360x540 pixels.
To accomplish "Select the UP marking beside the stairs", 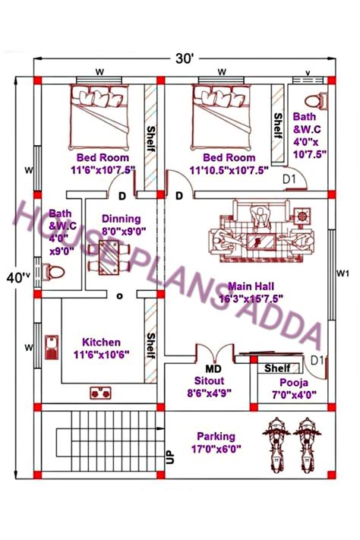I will point(170,456).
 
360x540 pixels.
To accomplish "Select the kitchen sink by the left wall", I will point(53,349).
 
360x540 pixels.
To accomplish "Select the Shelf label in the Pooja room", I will point(278,368).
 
